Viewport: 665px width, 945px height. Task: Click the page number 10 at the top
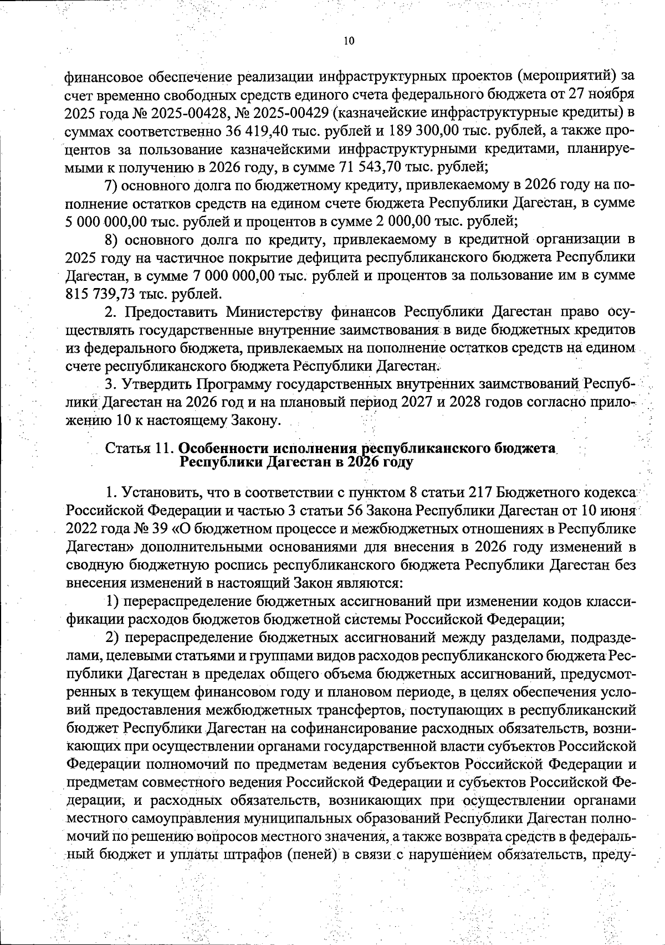tap(348, 41)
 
